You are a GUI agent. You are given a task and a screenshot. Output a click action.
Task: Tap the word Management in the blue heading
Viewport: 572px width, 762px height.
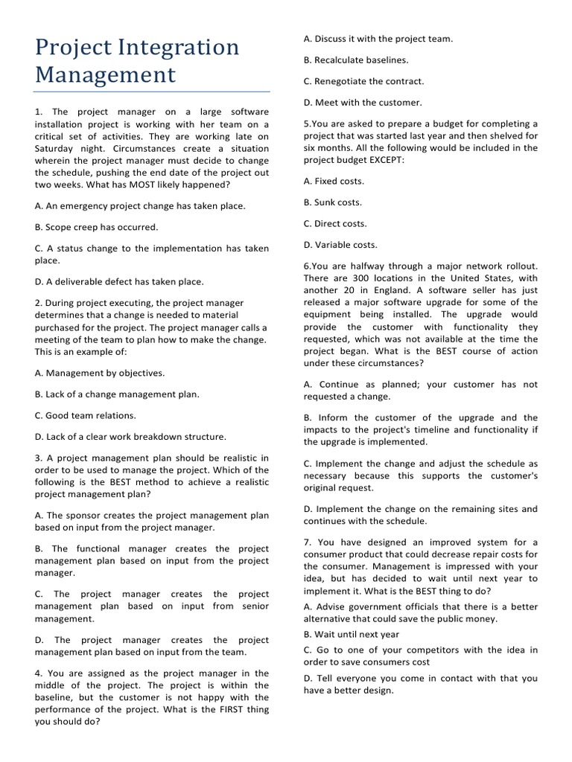coord(106,75)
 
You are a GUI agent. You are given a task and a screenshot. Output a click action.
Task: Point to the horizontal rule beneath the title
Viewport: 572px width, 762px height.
coord(152,92)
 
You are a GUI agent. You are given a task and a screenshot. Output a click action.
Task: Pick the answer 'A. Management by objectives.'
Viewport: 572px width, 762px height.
coord(100,373)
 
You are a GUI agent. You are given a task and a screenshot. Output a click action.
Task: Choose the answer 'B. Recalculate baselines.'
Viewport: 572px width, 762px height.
coord(355,60)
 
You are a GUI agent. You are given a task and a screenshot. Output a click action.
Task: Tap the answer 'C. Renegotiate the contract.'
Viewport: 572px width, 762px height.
coord(363,81)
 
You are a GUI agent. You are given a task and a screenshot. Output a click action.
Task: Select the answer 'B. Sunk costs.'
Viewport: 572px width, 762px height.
coord(332,202)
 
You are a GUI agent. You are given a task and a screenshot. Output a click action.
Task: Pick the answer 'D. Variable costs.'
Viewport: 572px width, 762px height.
coord(340,245)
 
